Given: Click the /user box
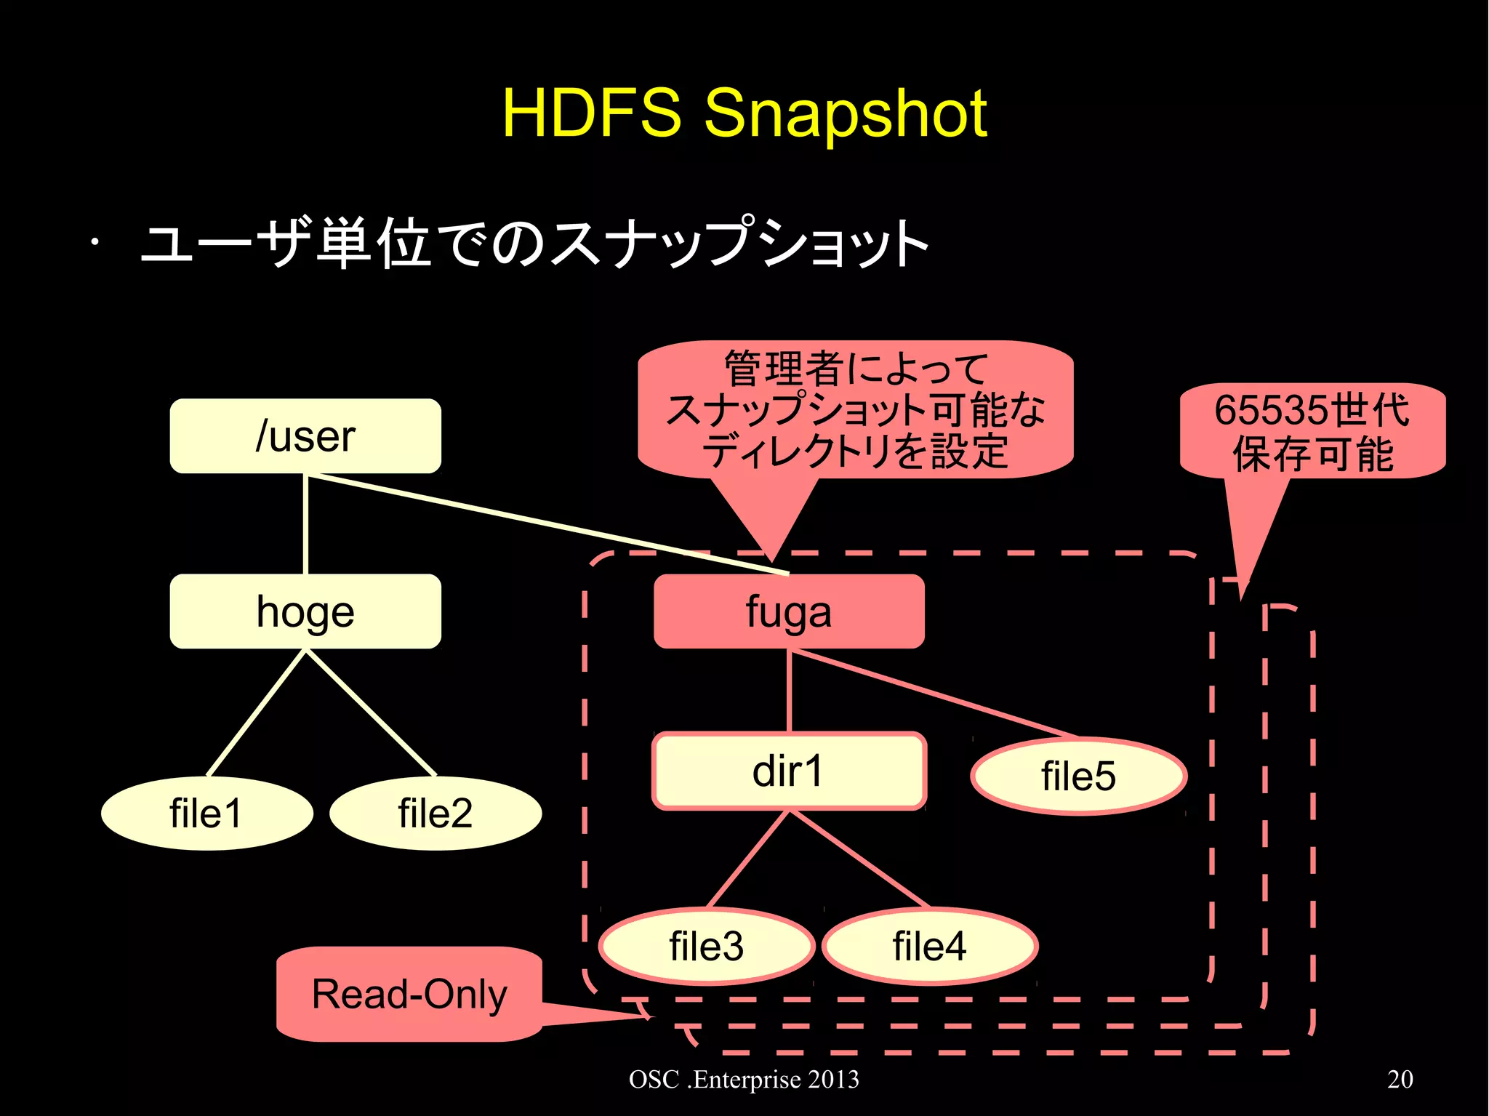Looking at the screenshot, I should pos(305,436).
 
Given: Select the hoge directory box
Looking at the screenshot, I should pos(305,611).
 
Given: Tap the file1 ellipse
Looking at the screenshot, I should pos(206,813).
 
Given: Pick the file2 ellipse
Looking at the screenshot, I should pos(435,813).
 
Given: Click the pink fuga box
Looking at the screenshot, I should pos(789,611).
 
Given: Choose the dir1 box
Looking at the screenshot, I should pos(789,771).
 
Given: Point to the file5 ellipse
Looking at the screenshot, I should pos(1078,776).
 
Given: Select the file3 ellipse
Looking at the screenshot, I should pos(706,946).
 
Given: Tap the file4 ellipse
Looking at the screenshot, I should pos(929,946).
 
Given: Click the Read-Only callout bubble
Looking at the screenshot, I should pos(409,994).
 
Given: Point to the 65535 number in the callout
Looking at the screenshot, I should pos(1273,411).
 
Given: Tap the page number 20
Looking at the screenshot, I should pos(1400,1079).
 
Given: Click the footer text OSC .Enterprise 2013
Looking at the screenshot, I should pos(744,1079).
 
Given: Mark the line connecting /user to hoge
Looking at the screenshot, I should pos(305,523).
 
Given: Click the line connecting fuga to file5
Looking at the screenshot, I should pos(934,694).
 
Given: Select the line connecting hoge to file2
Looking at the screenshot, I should pos(371,712).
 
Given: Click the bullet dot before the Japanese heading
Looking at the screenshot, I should pos(95,243).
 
